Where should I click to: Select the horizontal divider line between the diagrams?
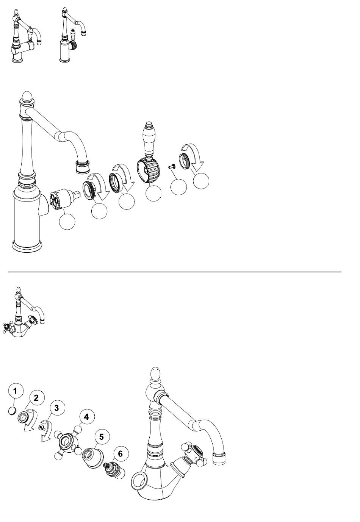[175, 272]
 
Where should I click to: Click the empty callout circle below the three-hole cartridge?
[67, 222]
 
